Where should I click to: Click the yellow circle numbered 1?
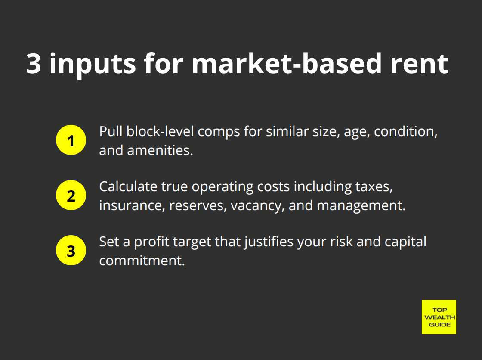click(x=71, y=140)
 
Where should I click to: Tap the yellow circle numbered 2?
click(x=71, y=195)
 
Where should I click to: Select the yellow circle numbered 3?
click(x=71, y=250)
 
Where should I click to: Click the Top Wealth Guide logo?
click(x=439, y=317)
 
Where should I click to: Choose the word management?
click(x=361, y=206)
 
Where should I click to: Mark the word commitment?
click(x=142, y=261)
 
